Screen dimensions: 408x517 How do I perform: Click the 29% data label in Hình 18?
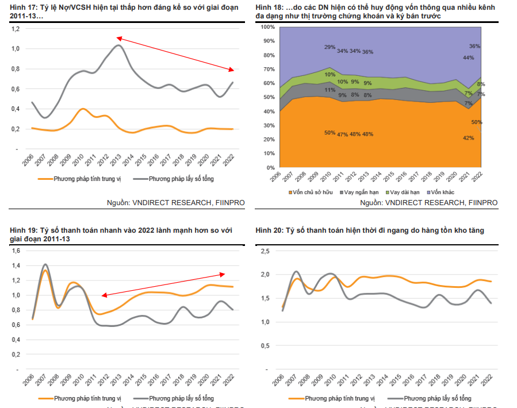330,47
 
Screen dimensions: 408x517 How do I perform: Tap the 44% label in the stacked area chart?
468,57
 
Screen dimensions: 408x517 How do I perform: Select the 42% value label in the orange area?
468,138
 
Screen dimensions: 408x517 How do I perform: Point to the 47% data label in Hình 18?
343,134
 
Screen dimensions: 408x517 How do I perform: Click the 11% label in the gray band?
330,90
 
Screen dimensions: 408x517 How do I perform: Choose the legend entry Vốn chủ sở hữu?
311,191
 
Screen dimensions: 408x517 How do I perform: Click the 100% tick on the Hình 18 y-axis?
269,27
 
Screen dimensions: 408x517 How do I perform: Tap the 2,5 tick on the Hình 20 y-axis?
266,251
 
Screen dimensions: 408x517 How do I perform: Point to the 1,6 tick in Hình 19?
16,251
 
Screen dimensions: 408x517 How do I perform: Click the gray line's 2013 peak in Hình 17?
118,45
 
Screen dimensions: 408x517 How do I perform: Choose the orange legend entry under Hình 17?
80,179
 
